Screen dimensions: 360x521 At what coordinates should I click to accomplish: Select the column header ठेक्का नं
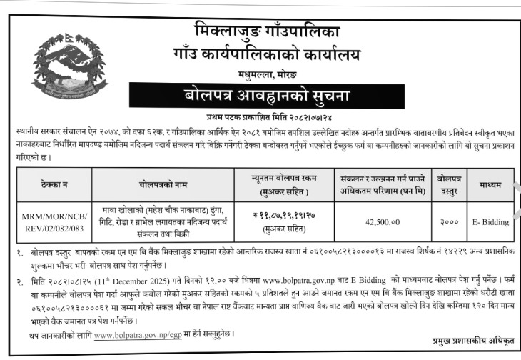[55, 184]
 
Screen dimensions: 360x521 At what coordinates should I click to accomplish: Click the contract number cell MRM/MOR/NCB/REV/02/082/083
[55, 221]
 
